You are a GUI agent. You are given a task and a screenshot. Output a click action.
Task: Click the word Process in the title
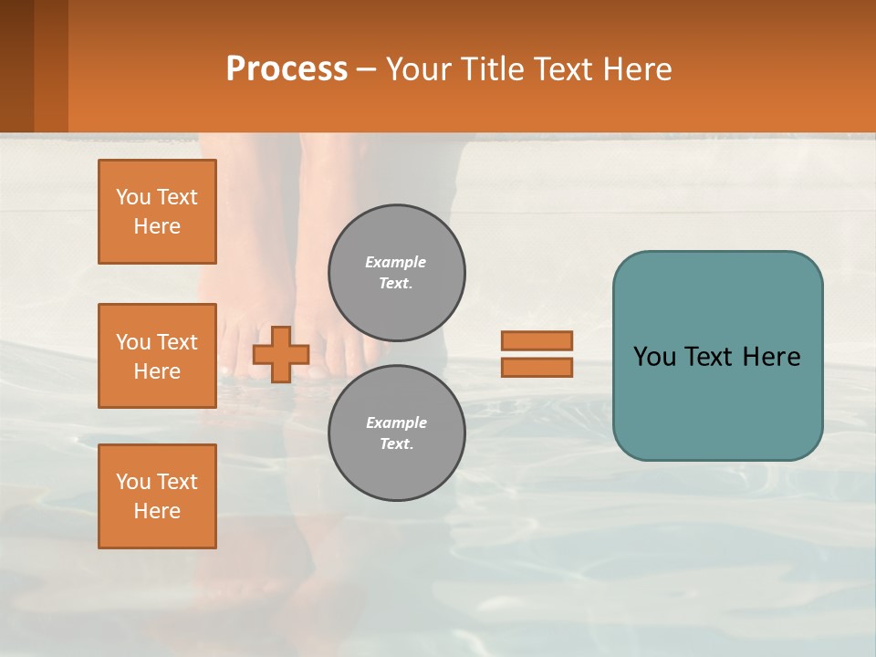pos(287,69)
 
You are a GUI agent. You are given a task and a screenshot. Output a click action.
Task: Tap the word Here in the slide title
pos(635,69)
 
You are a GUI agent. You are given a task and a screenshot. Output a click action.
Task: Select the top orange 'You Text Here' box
pos(157,212)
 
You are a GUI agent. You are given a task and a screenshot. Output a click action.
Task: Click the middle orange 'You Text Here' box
pos(157,356)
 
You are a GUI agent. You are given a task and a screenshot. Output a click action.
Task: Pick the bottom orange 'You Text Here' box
pos(157,496)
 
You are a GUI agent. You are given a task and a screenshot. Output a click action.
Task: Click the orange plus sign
pos(281,354)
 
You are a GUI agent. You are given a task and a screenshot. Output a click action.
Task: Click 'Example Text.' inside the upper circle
pos(396,273)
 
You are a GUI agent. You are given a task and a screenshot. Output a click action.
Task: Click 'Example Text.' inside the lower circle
pos(396,433)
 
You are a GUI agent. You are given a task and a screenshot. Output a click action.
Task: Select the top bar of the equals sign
pos(537,340)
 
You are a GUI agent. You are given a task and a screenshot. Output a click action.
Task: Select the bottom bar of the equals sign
pos(537,367)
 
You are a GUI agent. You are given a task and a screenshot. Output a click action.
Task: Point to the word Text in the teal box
pos(717,357)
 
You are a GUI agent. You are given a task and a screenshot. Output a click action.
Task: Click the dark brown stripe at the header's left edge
pos(16,66)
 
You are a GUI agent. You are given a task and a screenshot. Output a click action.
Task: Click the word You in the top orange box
pos(133,197)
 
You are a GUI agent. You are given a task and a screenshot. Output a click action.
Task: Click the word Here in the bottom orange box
pos(157,511)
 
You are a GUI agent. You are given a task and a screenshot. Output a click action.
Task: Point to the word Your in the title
pos(417,69)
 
